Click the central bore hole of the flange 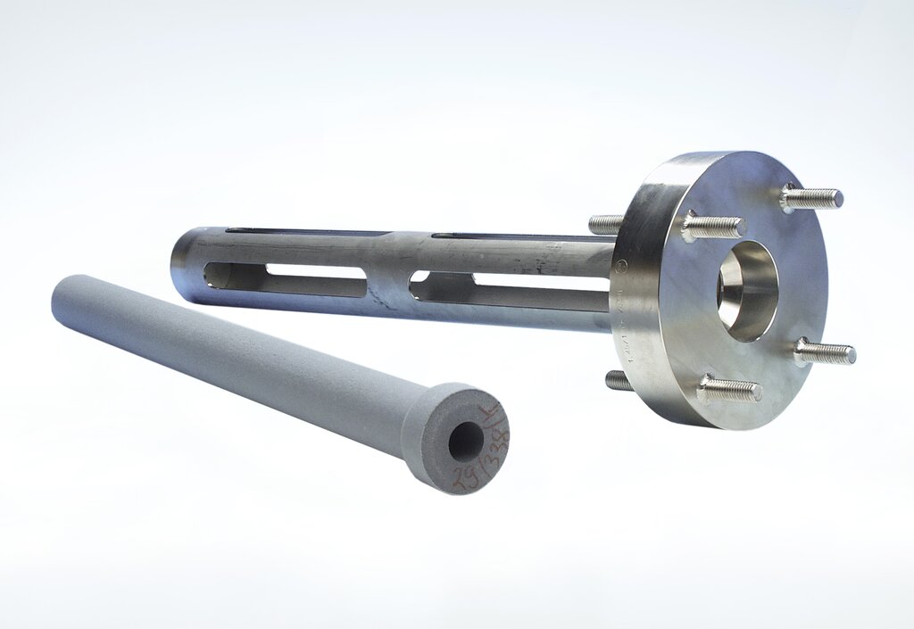pyautogui.click(x=747, y=290)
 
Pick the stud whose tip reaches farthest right pyautogui.click(x=825, y=353)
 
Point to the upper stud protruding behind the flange pyautogui.click(x=605, y=224)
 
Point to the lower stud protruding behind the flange pyautogui.click(x=618, y=380)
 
